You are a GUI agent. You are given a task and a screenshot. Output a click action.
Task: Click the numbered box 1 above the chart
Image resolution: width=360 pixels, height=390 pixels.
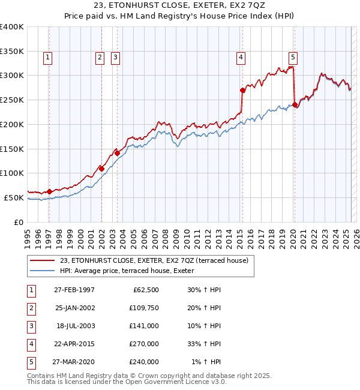[47, 58]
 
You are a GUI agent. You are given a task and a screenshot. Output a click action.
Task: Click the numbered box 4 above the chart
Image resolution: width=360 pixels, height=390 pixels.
[241, 58]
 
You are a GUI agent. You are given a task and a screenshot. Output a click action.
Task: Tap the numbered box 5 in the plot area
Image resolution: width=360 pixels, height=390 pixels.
[293, 58]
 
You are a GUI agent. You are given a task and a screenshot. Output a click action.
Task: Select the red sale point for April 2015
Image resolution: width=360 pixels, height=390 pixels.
[243, 91]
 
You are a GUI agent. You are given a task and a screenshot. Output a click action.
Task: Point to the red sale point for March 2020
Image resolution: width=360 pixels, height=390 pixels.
[295, 104]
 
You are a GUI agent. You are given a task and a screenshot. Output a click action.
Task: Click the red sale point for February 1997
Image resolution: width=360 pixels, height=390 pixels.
[49, 191]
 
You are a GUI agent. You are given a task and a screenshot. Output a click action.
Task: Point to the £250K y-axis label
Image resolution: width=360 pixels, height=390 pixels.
[11, 100]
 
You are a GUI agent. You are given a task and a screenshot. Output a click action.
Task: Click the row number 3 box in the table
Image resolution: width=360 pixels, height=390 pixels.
[31, 326]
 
